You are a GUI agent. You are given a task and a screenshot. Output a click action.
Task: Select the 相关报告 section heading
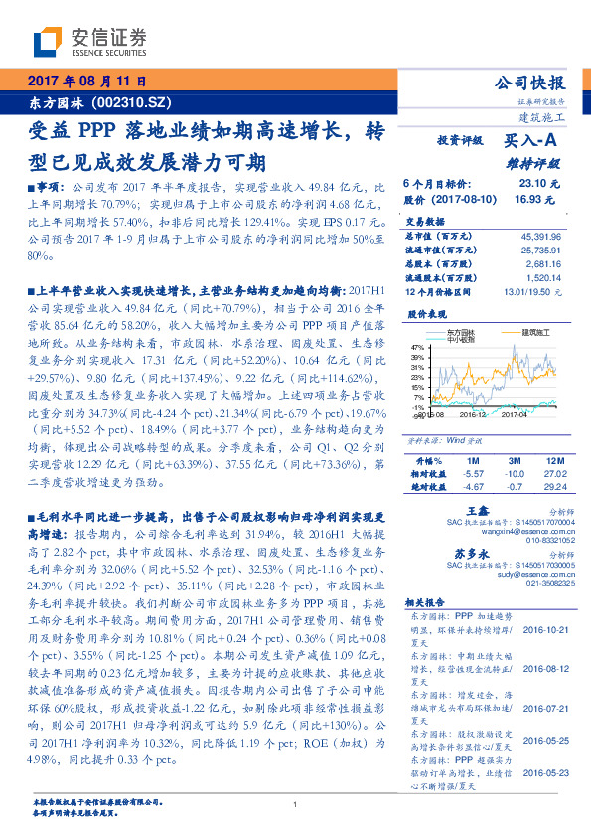(x=428, y=603)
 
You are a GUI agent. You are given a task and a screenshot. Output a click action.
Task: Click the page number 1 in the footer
(x=295, y=805)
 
